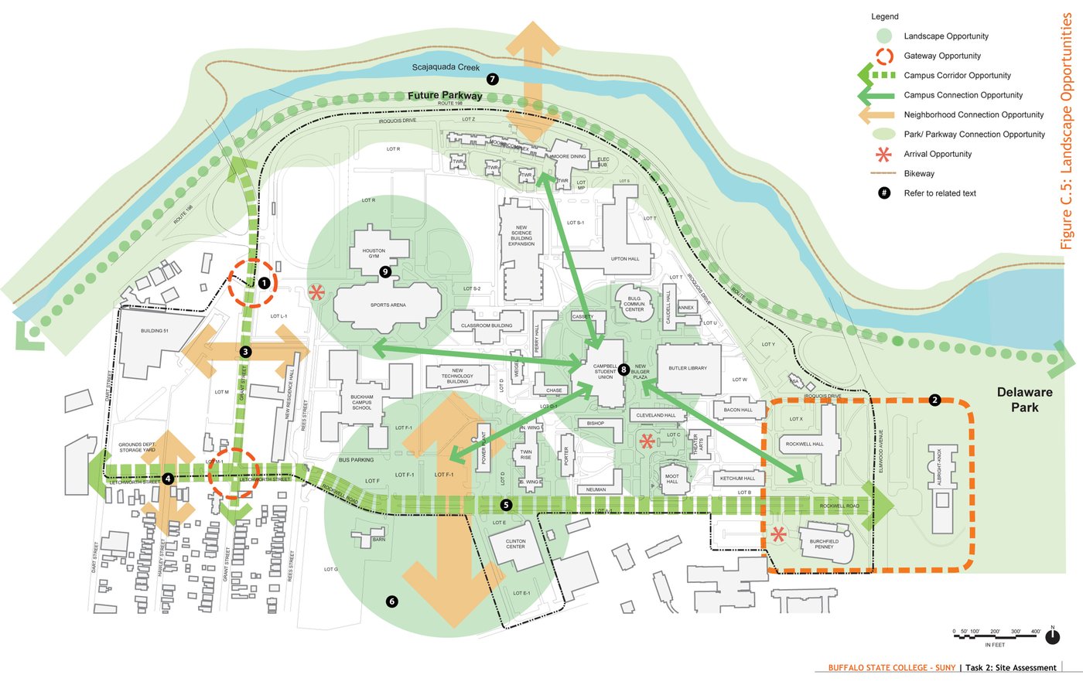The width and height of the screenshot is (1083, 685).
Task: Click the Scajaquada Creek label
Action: point(446,67)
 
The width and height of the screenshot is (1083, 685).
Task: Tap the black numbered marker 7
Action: point(493,79)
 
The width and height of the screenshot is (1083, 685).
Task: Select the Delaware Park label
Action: point(1024,399)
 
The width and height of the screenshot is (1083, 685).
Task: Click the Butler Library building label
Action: point(688,368)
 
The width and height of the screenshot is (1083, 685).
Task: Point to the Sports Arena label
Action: point(388,305)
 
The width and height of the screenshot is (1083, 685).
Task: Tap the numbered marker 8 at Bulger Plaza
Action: point(623,370)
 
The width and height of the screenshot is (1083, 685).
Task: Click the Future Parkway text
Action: point(445,95)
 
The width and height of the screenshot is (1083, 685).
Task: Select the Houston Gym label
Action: point(374,253)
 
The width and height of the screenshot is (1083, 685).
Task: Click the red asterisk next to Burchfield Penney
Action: point(778,534)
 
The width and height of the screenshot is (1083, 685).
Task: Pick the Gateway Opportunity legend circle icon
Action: point(885,56)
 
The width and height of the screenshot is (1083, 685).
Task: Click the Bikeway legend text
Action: point(919,174)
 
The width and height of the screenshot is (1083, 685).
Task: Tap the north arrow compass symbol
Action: point(1052,636)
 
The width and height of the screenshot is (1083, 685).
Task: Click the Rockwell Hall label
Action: point(805,444)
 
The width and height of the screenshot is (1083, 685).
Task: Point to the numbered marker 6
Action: point(391,601)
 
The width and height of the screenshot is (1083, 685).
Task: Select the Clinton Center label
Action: point(515,544)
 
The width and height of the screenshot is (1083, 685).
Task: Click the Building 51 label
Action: point(154,331)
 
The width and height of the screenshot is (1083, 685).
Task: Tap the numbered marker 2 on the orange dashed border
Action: point(934,400)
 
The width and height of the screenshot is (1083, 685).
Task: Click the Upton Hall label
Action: point(625,259)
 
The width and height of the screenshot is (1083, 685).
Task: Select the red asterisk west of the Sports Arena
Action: point(316,292)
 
